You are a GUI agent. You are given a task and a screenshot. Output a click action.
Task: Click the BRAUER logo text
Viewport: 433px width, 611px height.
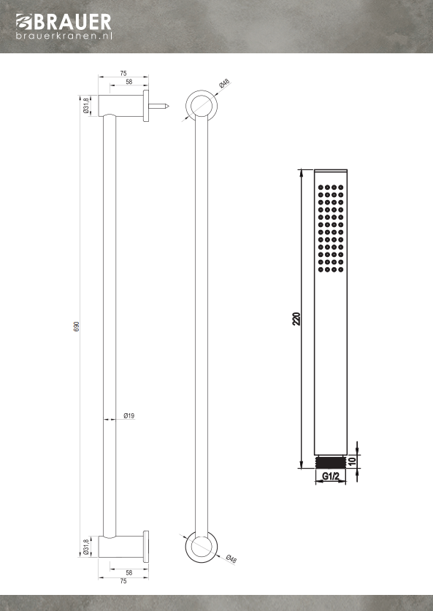(x=73, y=22)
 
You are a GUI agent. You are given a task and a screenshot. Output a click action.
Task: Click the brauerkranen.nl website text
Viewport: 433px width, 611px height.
(x=64, y=36)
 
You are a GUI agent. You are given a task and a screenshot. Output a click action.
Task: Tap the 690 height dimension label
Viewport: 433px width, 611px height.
(x=77, y=326)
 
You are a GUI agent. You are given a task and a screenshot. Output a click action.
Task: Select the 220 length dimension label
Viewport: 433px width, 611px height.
(x=296, y=319)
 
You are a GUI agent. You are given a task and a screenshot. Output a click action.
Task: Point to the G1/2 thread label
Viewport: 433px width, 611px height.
(x=331, y=476)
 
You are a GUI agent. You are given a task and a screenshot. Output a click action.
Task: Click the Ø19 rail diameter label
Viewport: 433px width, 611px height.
(x=129, y=416)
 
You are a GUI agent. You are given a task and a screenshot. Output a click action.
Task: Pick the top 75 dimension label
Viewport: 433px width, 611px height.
(x=123, y=73)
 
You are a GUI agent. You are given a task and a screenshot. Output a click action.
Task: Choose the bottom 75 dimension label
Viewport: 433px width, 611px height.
(x=123, y=581)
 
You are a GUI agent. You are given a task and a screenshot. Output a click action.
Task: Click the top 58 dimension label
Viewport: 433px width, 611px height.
(x=129, y=82)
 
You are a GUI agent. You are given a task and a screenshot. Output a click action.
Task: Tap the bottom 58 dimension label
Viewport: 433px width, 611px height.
(x=129, y=573)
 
